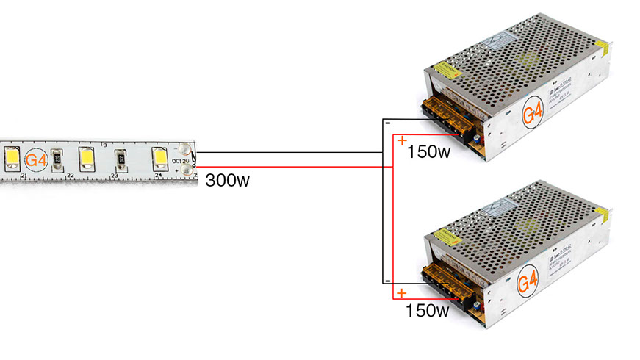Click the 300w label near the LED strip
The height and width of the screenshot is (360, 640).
coord(228,180)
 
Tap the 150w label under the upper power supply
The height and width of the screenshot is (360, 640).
coord(428,153)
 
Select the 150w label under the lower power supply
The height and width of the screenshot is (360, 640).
coord(428,311)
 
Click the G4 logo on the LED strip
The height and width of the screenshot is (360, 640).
coord(36,159)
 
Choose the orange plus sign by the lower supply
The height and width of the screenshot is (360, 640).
coord(401,294)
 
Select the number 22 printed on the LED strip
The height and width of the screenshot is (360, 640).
coord(70,176)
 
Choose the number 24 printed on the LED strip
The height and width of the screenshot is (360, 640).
coord(158,176)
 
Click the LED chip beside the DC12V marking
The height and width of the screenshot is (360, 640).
coord(159,156)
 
